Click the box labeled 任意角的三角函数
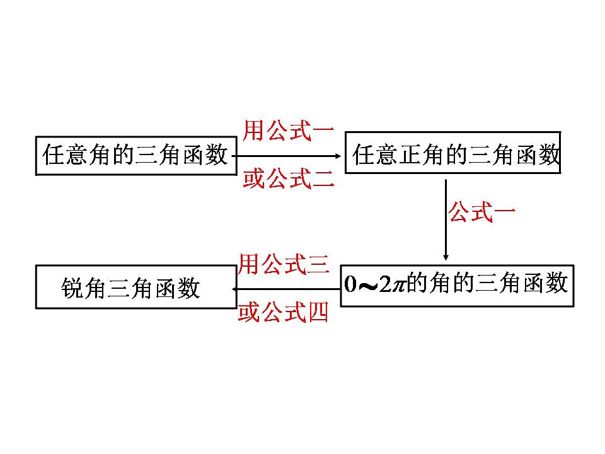pos(135,154)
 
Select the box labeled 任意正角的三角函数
pos(452,152)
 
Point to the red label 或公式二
pos(288,180)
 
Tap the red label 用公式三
pos(284,264)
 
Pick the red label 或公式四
pos(284,312)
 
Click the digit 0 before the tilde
pos(350,284)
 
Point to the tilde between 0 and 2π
pos(367,286)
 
